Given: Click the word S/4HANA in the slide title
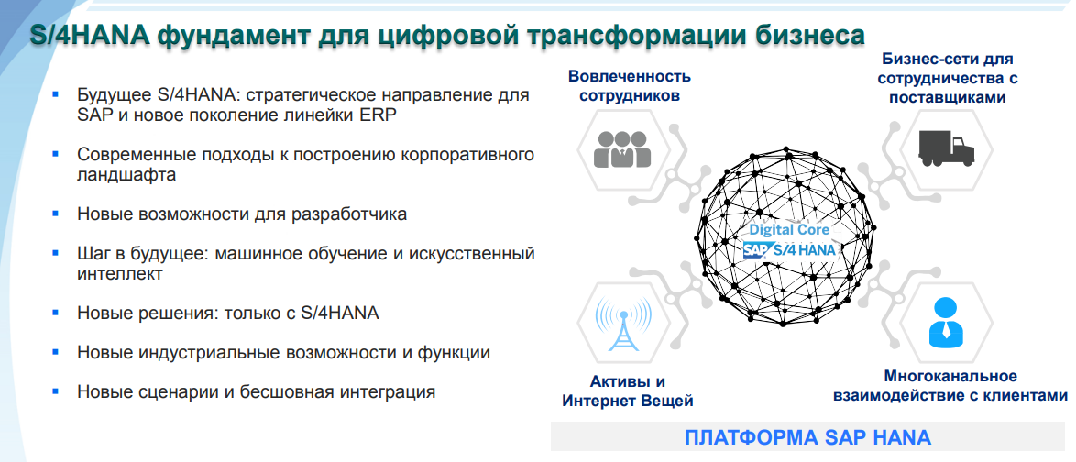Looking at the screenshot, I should [x=87, y=36].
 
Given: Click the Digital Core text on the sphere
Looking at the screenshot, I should [x=789, y=230].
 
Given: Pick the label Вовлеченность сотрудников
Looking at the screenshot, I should [x=629, y=85].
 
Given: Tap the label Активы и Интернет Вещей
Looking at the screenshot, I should [x=628, y=390].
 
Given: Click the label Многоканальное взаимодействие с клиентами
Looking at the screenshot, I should [x=950, y=386].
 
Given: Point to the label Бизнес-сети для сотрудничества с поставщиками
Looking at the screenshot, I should [x=948, y=78].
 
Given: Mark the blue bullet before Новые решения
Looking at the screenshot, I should [x=57, y=313].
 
